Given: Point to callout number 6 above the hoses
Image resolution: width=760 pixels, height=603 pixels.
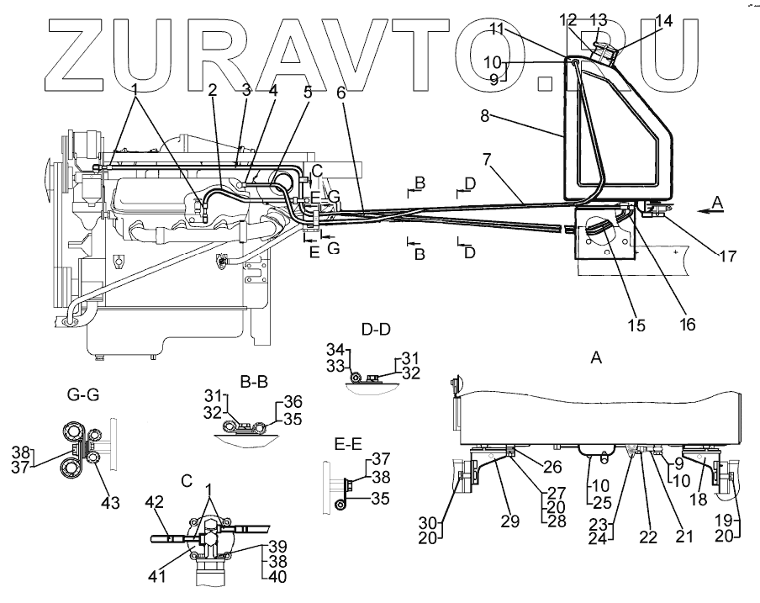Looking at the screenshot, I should pos(341,94).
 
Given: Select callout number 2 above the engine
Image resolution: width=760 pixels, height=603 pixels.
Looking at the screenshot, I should pos(213,88).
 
